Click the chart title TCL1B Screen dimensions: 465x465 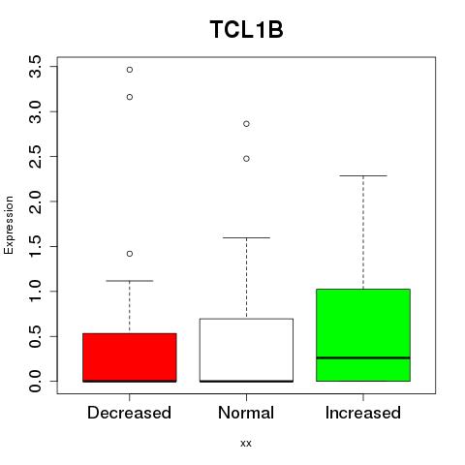pos(246,29)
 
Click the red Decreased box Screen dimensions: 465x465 pos(130,357)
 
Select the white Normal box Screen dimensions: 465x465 pos(246,351)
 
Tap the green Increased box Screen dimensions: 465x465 pos(363,335)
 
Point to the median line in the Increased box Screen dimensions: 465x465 pos(363,357)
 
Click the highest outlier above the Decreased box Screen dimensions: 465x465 pos(130,70)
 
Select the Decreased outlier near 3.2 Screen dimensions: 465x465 pos(130,97)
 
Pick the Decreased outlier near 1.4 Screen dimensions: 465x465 pos(130,254)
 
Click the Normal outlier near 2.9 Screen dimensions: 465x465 pos(246,124)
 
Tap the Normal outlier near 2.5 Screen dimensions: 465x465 pos(246,159)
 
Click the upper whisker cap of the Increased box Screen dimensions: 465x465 pos(363,175)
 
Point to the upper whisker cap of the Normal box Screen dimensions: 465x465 pos(246,237)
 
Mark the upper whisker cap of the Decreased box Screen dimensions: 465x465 pos(130,281)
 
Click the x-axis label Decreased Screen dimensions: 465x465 pos(129,413)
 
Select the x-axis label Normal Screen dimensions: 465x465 pos(246,413)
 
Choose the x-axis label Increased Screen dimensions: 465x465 pos(363,413)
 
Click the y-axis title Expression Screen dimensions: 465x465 pos(9,225)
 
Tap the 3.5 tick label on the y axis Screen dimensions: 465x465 pos(35,67)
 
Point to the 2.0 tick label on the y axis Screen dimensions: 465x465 pos(35,201)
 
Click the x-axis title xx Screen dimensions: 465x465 pos(246,443)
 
